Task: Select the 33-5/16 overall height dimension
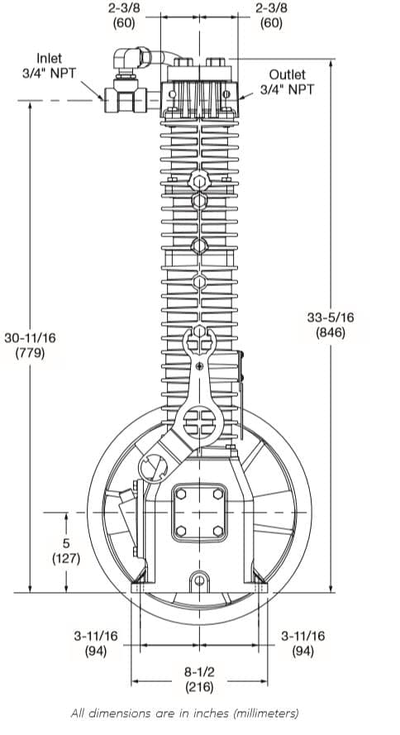(x=331, y=317)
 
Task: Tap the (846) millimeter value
(x=331, y=333)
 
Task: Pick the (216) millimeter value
(x=199, y=687)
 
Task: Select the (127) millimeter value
(x=65, y=558)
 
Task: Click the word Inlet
(x=49, y=58)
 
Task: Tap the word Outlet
(x=287, y=74)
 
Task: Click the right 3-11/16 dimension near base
(x=302, y=636)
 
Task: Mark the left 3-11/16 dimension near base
(x=96, y=636)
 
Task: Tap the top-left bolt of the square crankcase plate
(x=179, y=494)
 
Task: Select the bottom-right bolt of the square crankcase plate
(x=217, y=532)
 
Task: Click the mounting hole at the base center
(x=199, y=579)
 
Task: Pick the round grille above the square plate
(x=198, y=422)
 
